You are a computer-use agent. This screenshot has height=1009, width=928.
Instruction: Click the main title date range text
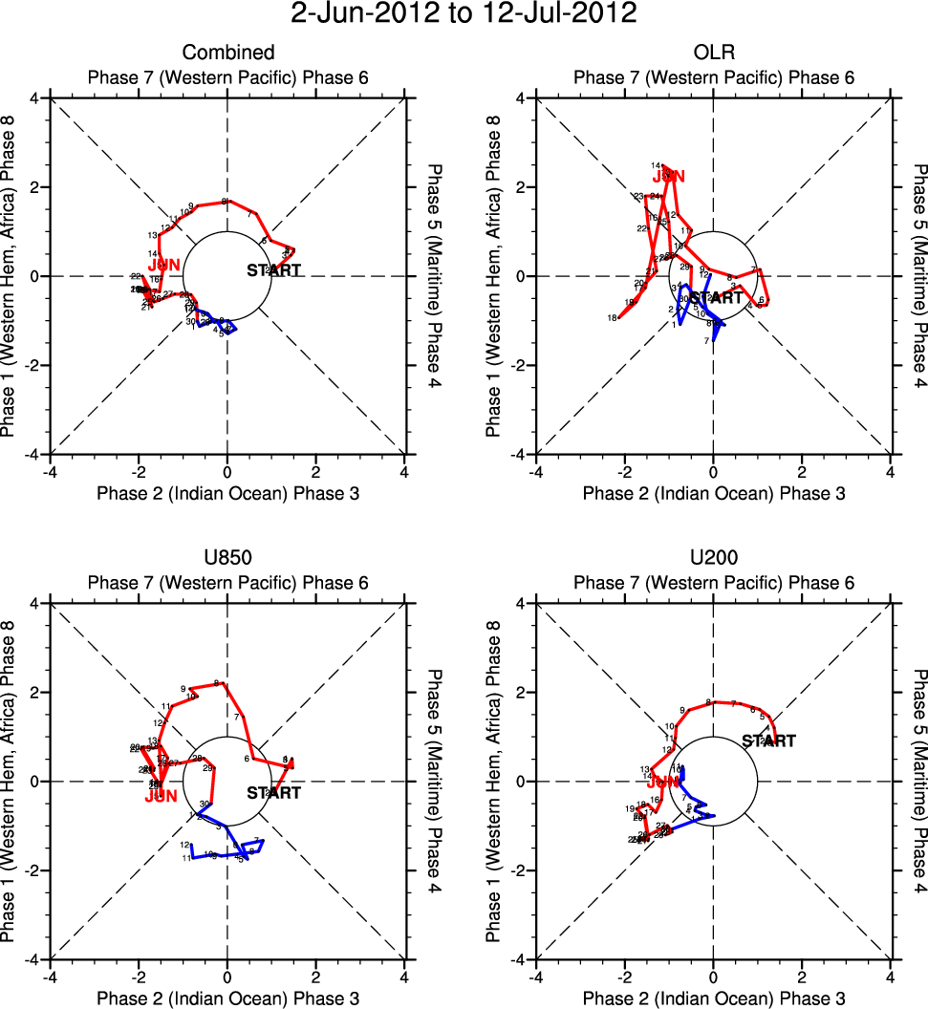[x=464, y=14]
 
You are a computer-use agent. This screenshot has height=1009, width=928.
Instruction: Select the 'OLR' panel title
[x=713, y=53]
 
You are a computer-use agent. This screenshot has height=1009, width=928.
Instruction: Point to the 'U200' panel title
[x=713, y=558]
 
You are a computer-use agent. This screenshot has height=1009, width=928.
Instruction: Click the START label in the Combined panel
[x=273, y=270]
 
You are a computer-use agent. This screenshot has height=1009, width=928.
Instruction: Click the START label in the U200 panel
[x=768, y=741]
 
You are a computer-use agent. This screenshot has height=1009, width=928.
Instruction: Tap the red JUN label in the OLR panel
[x=669, y=176]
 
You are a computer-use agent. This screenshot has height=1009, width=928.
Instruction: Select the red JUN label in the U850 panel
[x=162, y=795]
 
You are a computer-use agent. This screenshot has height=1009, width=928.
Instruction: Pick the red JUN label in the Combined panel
[x=164, y=265]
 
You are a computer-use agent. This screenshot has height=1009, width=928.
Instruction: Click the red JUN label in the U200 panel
[x=662, y=781]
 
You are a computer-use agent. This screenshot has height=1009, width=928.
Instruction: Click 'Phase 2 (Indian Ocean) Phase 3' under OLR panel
[x=713, y=493]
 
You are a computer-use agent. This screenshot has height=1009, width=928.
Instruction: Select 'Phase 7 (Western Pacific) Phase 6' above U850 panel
[x=227, y=583]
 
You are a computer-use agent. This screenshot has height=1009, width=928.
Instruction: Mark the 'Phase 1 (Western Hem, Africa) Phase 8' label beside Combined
[x=11, y=276]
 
